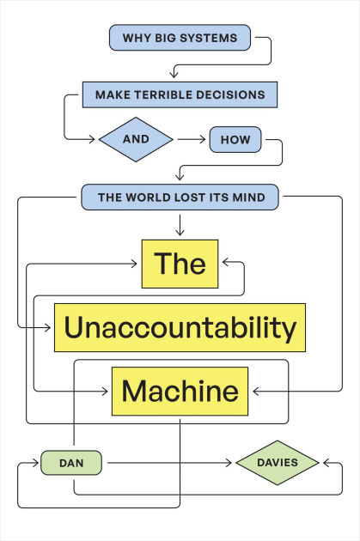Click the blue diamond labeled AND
(136, 138)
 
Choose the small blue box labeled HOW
(235, 138)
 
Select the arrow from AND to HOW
(191, 138)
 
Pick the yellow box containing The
(180, 264)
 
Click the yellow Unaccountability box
(180, 327)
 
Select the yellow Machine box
(180, 392)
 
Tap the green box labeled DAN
(70, 463)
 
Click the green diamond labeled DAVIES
(278, 463)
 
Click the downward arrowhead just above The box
(180, 232)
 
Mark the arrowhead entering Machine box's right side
(254, 392)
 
